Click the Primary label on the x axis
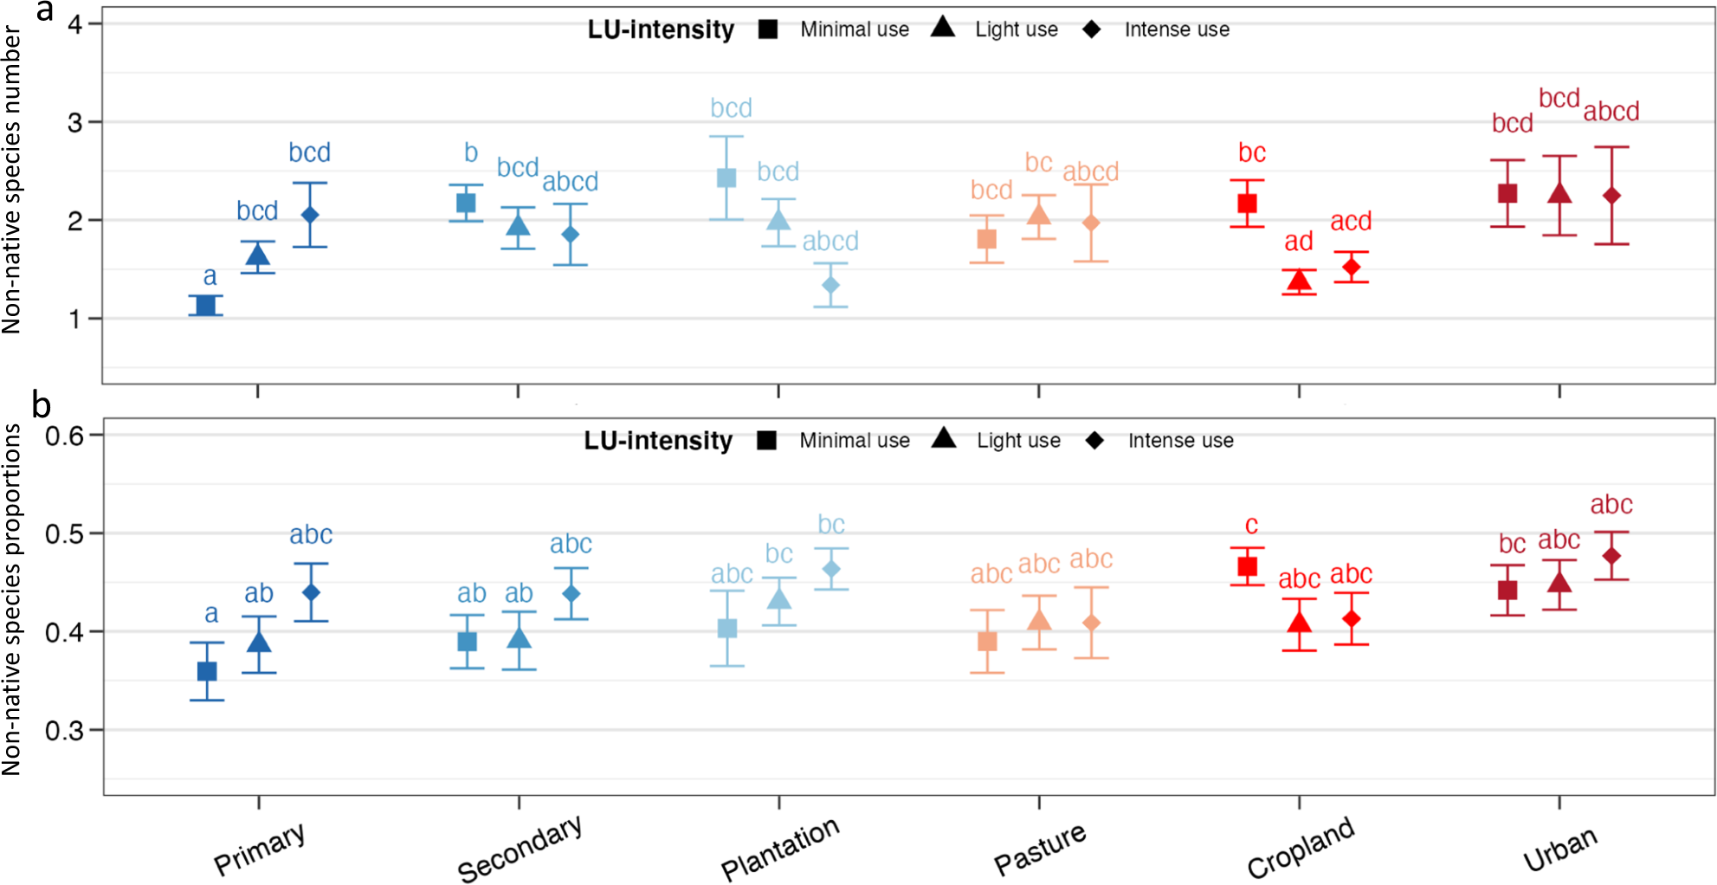pos(259,849)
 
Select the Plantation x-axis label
pos(779,849)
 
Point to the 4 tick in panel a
pos(75,24)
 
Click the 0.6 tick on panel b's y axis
pos(64,436)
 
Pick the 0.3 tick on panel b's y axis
pos(64,731)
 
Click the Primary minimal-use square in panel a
pos(206,305)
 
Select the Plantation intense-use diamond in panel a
pos(830,285)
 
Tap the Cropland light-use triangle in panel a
pos(1299,281)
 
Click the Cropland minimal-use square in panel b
pos(1248,566)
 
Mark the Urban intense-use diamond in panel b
pos(1611,556)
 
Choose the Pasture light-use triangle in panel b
pos(1039,620)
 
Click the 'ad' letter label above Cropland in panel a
pos(1298,242)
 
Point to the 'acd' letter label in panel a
pos(1351,222)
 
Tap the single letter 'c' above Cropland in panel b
pos(1251,525)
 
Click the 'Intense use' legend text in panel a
pos(1177,29)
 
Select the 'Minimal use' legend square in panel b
pos(766,441)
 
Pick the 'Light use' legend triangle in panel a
pos(943,28)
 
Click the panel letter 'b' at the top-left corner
pos(41,404)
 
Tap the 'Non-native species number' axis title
pos(11,179)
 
